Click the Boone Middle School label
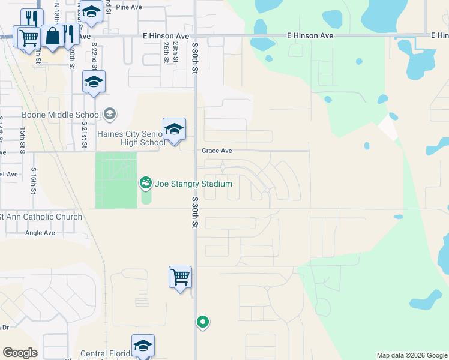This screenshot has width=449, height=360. coord(61,115)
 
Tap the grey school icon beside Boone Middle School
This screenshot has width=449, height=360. coord(110,113)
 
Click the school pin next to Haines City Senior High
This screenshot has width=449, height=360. coord(174,130)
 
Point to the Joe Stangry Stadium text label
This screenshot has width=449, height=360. coord(193,183)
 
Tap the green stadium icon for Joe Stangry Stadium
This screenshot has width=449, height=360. coord(146,182)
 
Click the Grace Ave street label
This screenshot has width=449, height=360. coord(217,151)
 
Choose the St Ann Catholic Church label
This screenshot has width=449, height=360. coord(41,217)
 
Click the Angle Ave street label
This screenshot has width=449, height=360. coord(40,233)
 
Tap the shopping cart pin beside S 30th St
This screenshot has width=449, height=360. coord(180,278)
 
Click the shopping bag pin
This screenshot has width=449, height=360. coord(53,36)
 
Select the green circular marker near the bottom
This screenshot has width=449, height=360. coord(203,322)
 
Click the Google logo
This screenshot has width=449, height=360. coord(20,353)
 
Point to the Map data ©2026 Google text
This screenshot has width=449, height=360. coord(412,355)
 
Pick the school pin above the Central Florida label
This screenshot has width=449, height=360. coord(143,346)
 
